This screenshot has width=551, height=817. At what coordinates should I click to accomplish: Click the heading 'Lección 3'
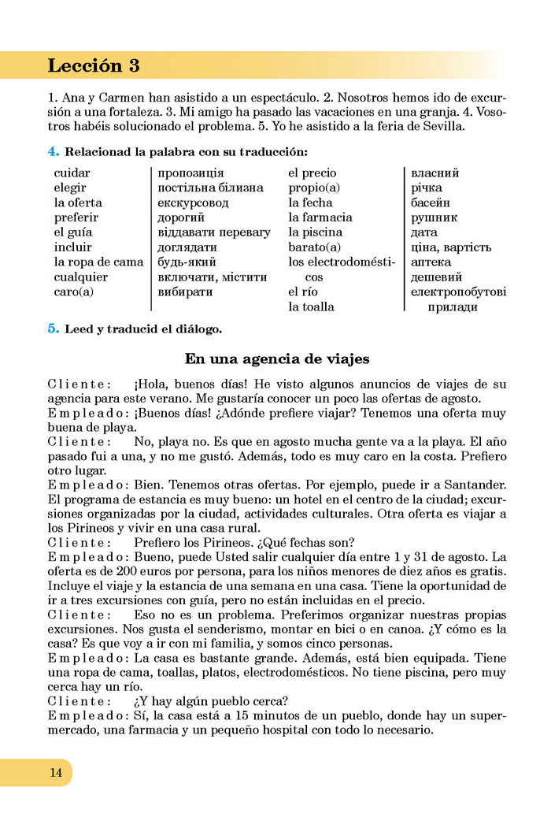[x=94, y=65]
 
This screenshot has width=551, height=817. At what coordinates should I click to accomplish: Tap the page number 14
[x=56, y=772]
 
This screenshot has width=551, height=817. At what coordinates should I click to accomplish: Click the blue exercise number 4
[x=52, y=150]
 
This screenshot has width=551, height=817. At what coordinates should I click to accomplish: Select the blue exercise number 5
[x=53, y=329]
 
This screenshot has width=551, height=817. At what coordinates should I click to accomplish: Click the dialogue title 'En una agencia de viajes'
[x=276, y=359]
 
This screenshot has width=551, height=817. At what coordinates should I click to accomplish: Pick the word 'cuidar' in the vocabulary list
[x=72, y=173]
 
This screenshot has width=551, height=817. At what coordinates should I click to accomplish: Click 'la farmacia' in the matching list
[x=320, y=217]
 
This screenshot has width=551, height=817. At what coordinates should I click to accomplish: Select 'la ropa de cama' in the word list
[x=98, y=262]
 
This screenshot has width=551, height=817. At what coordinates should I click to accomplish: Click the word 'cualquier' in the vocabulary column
[x=81, y=277]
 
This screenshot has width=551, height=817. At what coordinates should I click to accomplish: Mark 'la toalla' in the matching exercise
[x=311, y=307]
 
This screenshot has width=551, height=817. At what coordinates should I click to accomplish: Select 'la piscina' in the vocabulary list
[x=316, y=232]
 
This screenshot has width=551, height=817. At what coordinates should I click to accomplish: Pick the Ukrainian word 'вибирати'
[x=185, y=292]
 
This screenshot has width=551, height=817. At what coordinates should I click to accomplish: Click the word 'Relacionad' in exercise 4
[x=98, y=151]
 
